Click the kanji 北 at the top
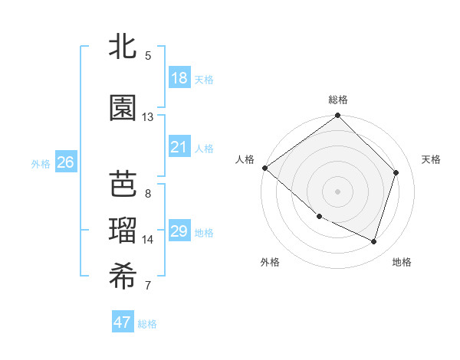(x=123, y=47)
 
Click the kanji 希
(x=123, y=277)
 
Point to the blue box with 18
(x=179, y=78)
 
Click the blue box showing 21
(x=179, y=147)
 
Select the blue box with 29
(x=179, y=231)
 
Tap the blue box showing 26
(x=65, y=162)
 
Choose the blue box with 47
(x=123, y=322)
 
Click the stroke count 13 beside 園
(x=148, y=117)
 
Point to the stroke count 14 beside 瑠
(x=148, y=240)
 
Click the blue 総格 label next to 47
(x=147, y=324)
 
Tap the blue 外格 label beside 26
(x=41, y=163)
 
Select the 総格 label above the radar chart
(x=338, y=100)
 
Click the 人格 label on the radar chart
(x=245, y=159)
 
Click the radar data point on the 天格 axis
(x=396, y=172)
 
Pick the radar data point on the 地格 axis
(x=374, y=241)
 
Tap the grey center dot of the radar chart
(x=338, y=191)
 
